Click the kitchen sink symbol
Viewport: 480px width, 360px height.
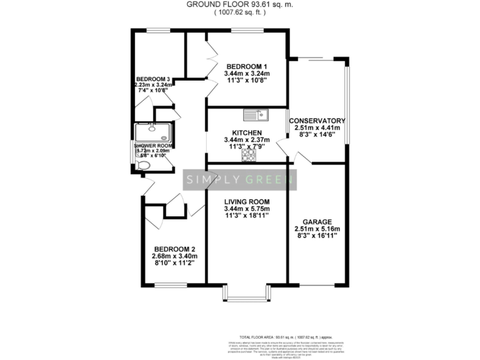tap(256, 114)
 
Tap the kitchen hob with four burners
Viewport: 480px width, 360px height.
tap(249, 154)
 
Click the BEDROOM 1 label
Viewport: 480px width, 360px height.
tap(247, 67)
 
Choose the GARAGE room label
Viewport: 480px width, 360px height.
tap(317, 221)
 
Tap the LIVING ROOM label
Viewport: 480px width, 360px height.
tap(247, 201)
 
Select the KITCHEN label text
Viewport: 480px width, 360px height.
tap(246, 133)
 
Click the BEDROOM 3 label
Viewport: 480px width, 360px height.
tap(153, 79)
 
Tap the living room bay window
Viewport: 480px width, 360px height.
tap(247, 296)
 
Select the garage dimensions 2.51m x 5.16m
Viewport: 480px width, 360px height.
tap(317, 229)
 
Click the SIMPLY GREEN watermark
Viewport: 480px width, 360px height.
tap(240, 181)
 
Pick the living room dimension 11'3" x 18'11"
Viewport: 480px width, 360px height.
tap(247, 216)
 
